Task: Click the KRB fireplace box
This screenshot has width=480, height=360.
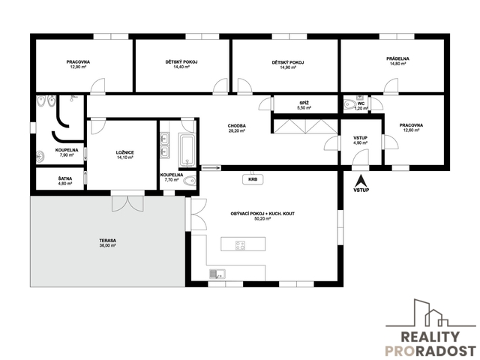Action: (x=253, y=179)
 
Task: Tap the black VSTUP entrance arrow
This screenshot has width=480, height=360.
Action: (x=361, y=181)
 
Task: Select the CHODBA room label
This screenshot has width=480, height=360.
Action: (x=237, y=126)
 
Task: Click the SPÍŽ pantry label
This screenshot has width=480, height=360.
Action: (x=303, y=103)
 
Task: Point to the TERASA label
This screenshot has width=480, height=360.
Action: (x=107, y=241)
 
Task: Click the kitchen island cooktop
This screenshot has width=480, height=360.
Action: (x=240, y=245)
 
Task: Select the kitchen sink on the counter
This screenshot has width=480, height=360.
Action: (x=217, y=274)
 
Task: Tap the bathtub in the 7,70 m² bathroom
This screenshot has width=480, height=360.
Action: (x=187, y=151)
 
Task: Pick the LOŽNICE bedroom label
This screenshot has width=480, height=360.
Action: (x=125, y=152)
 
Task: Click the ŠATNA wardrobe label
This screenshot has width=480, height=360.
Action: (x=65, y=178)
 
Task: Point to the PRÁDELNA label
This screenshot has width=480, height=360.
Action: (x=397, y=58)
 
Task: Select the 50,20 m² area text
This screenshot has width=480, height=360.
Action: (x=262, y=219)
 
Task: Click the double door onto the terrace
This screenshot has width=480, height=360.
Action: (x=127, y=203)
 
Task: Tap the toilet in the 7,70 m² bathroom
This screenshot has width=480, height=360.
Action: (x=189, y=181)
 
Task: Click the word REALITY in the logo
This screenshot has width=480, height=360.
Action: (x=430, y=337)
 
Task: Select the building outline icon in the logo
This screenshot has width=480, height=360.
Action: (x=430, y=313)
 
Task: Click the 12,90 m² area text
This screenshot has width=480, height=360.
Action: (x=78, y=67)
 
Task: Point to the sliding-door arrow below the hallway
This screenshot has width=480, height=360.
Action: (x=211, y=168)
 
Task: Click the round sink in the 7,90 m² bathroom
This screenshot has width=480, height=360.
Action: (x=40, y=157)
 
